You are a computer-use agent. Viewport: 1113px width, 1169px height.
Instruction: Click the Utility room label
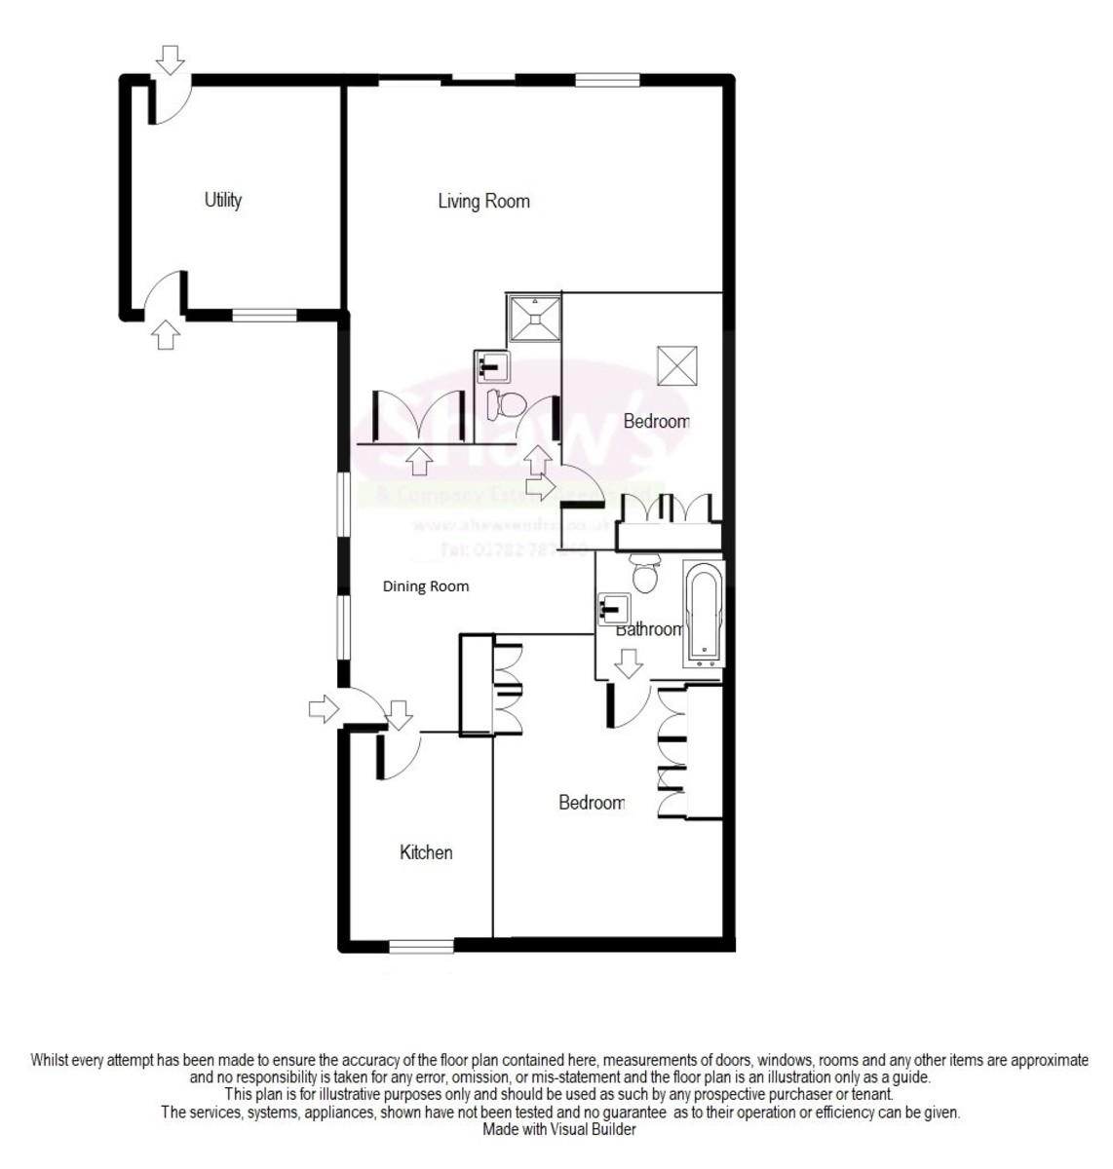222,200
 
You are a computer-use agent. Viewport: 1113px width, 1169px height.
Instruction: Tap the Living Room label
483,202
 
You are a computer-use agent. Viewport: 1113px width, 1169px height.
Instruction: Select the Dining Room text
425,586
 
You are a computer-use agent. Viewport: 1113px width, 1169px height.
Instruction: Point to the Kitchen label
426,852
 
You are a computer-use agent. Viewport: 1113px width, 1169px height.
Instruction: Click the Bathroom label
649,629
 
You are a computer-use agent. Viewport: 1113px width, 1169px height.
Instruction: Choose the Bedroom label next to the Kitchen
591,803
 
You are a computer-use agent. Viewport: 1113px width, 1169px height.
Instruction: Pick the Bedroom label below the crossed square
656,421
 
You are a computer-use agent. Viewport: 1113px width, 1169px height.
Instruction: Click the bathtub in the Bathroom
704,613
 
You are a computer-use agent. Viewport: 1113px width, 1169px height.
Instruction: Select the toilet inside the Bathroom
645,574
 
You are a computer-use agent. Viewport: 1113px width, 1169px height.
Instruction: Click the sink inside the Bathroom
613,610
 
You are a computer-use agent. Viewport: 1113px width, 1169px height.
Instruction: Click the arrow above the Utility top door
172,60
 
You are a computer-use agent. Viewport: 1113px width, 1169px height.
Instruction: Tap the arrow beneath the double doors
420,460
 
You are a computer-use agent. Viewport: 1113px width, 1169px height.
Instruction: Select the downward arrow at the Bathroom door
629,664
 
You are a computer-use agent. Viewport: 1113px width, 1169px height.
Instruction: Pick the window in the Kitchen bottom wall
421,945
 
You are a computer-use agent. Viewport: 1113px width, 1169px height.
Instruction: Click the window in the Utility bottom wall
264,315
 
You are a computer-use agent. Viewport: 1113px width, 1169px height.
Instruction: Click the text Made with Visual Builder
559,1130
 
